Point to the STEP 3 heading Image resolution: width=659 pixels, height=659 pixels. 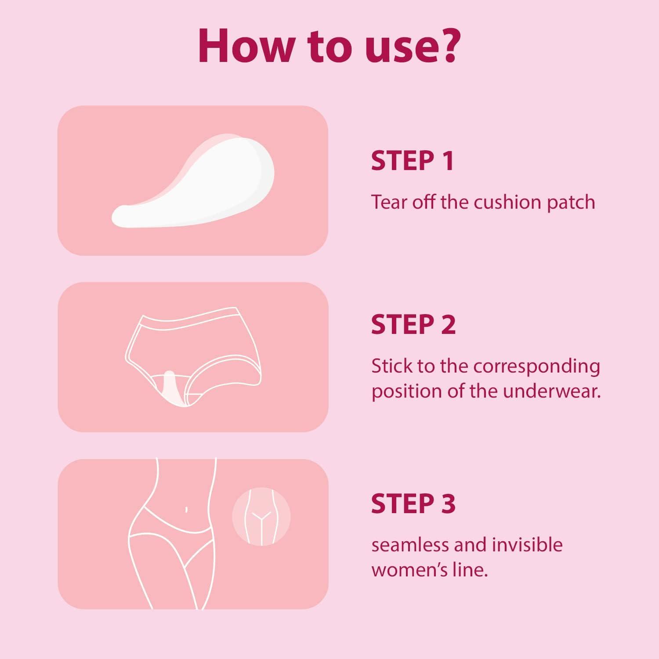coord(413,503)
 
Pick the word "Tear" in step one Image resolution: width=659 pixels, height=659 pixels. coord(389,202)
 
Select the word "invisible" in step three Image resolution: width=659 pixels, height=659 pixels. coord(527,545)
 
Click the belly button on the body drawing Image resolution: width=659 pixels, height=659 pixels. coord(186,510)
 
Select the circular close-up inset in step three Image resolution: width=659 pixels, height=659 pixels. coord(261,517)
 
